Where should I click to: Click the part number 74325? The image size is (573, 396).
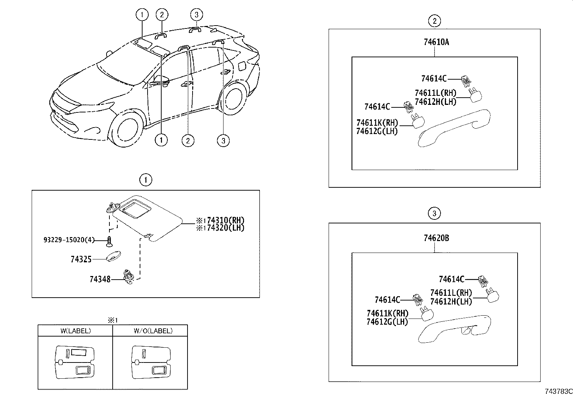81,259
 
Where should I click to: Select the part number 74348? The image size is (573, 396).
100,279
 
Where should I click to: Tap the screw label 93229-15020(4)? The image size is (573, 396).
69,240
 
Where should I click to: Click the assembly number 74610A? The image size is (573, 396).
436,42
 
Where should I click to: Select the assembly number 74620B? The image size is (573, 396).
436,238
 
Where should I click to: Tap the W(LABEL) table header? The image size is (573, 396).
75,330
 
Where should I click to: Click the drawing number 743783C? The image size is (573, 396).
558,391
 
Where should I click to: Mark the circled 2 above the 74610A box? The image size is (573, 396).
434,21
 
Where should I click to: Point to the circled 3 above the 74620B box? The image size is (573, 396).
434,214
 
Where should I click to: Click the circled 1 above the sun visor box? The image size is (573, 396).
146,180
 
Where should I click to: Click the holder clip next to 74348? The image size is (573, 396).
128,277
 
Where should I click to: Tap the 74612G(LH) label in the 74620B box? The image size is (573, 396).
387,322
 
